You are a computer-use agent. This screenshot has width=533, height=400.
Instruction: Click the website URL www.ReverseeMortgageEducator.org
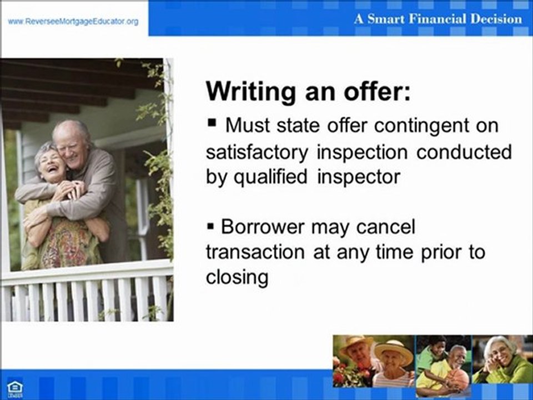click(73, 22)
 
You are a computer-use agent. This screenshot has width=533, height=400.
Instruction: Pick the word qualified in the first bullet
click(266, 177)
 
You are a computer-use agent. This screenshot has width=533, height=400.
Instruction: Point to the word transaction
click(255, 252)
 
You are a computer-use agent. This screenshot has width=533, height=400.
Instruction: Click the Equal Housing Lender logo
click(14, 389)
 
